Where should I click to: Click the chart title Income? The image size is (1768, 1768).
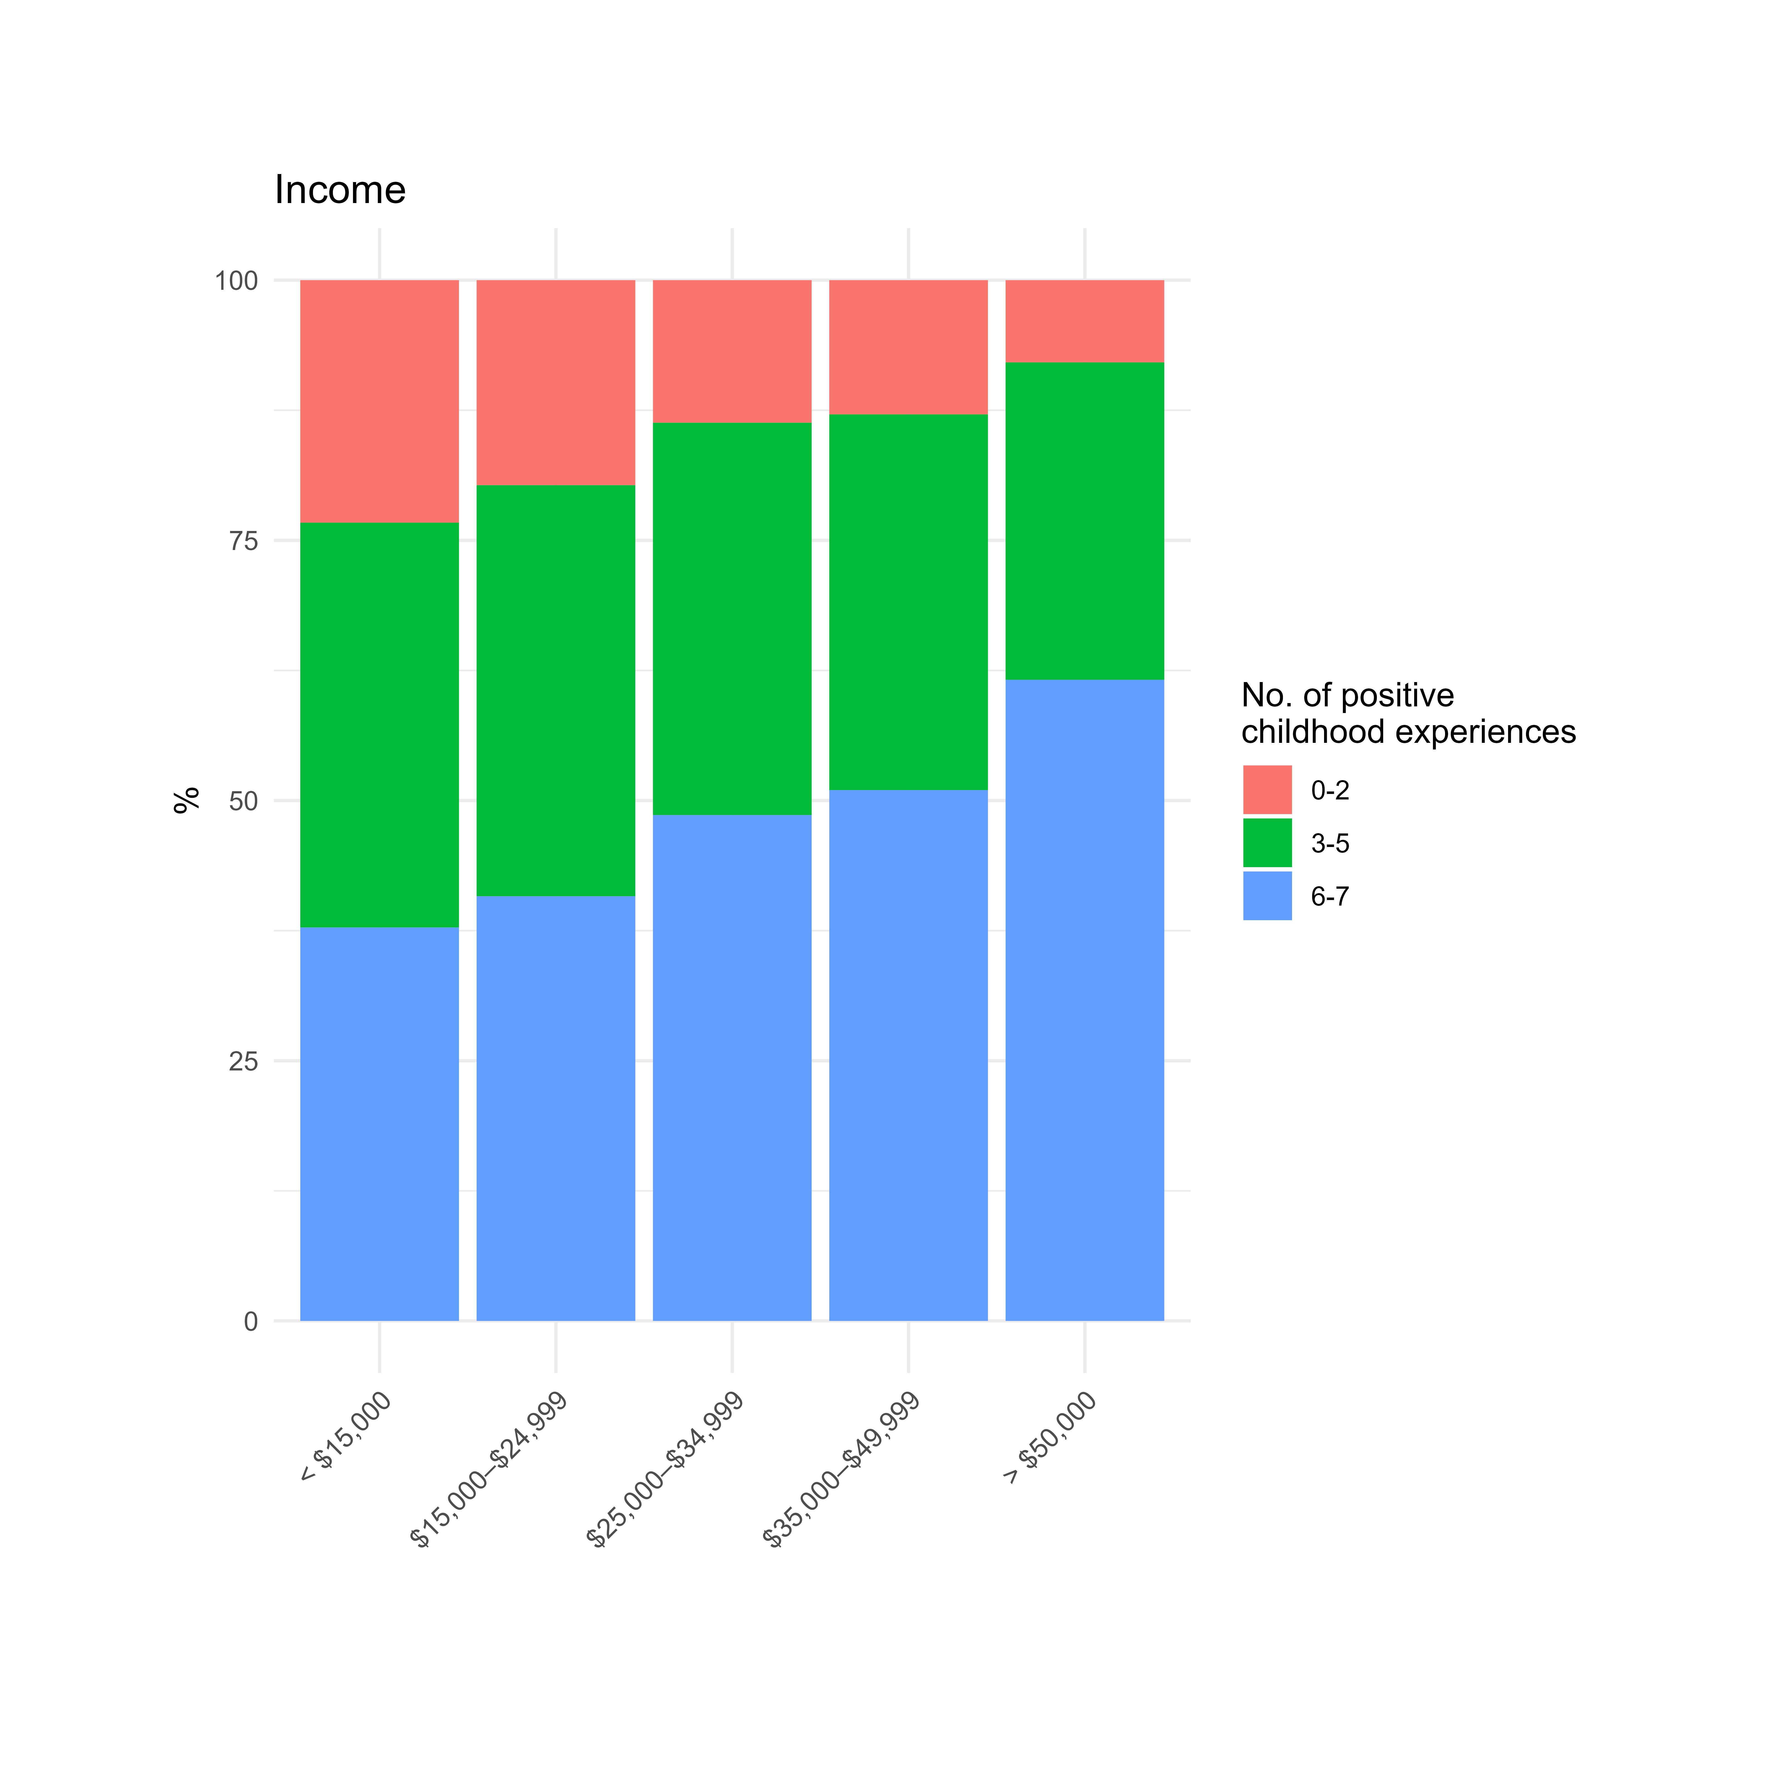click(x=340, y=190)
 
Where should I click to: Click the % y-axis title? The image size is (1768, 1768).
click(x=187, y=800)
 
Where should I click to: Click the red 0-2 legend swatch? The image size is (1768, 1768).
click(x=1267, y=790)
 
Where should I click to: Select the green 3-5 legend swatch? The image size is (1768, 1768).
click(x=1267, y=843)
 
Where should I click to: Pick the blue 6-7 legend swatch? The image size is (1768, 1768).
click(x=1267, y=896)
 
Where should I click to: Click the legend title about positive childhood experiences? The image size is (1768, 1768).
click(x=1407, y=714)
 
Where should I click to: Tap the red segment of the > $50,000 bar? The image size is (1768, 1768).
click(x=1084, y=321)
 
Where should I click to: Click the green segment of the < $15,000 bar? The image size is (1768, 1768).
click(x=380, y=725)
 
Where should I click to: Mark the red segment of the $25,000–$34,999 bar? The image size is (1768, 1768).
click(x=732, y=351)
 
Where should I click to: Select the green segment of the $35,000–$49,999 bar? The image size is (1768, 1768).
click(x=908, y=602)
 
